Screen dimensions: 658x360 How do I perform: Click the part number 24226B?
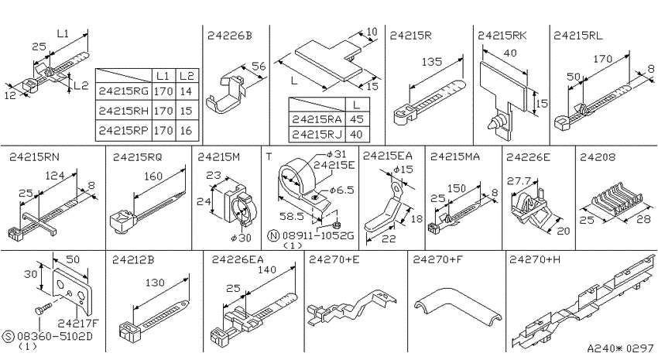tap(230, 36)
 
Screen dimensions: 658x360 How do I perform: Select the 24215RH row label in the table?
tap(124, 111)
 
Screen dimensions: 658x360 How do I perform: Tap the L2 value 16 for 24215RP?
tap(186, 131)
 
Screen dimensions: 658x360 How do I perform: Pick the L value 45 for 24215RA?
tap(357, 119)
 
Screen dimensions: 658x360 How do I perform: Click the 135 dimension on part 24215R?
tap(432, 62)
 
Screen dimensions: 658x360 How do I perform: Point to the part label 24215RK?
tap(502, 36)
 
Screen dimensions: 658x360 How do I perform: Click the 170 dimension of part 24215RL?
tap(602, 59)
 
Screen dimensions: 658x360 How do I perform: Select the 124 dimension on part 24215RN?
tap(54, 176)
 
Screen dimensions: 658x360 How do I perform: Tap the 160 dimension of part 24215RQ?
tap(153, 177)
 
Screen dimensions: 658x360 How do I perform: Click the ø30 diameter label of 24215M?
tap(241, 238)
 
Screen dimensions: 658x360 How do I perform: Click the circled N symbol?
tap(273, 235)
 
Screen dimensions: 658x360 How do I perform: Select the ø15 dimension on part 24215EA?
tap(403, 170)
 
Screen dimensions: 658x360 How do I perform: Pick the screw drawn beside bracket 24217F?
tap(43, 307)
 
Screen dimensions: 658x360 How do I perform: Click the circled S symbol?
tap(8, 336)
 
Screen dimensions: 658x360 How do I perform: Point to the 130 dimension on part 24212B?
tap(154, 283)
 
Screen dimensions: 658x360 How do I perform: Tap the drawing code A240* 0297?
tap(620, 348)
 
